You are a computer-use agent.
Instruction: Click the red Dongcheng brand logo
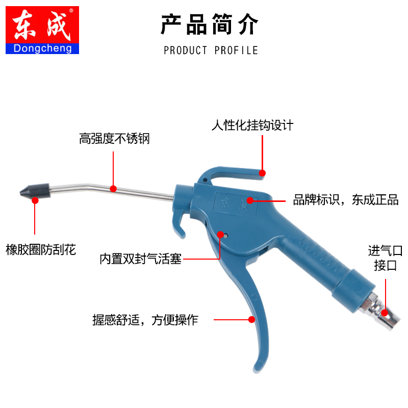click(42, 30)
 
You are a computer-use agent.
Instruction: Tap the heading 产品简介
click(210, 24)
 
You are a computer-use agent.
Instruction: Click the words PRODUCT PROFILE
click(211, 50)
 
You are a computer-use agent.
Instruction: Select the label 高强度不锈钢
click(114, 138)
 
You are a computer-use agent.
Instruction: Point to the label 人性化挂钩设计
click(252, 125)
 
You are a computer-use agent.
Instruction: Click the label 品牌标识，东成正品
click(345, 199)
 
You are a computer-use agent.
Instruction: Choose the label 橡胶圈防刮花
click(41, 249)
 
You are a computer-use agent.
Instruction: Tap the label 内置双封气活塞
click(140, 260)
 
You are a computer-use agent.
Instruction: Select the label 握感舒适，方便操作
click(145, 320)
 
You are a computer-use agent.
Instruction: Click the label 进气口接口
click(385, 258)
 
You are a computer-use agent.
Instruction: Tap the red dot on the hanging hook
click(262, 173)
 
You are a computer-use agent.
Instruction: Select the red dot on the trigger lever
click(251, 320)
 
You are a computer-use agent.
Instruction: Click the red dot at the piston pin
click(220, 235)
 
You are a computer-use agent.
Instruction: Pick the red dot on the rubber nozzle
click(35, 200)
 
